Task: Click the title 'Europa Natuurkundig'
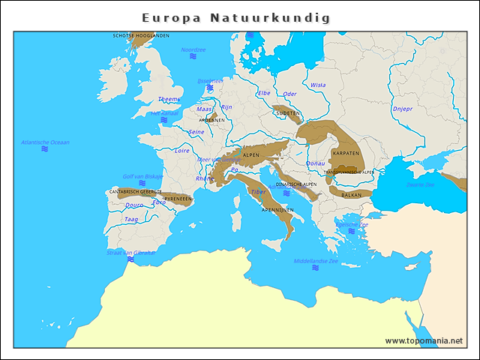(x=236, y=17)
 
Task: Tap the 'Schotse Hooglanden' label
(x=141, y=35)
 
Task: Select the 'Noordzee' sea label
(x=193, y=50)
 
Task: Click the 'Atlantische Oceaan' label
(x=45, y=142)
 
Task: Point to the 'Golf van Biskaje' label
(x=142, y=176)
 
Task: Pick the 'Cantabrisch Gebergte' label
(x=135, y=191)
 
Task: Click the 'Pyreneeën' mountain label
(x=178, y=199)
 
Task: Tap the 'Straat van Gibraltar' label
(x=130, y=253)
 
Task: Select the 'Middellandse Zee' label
(x=316, y=262)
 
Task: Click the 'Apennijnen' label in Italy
(x=277, y=210)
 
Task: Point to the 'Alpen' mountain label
(x=250, y=154)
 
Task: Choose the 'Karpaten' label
(x=346, y=153)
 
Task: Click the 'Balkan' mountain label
(x=351, y=195)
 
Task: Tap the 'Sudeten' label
(x=288, y=113)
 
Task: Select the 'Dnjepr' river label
(x=403, y=109)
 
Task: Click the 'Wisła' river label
(x=318, y=85)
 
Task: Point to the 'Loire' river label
(x=182, y=150)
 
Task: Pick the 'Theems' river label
(x=169, y=99)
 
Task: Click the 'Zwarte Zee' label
(x=420, y=184)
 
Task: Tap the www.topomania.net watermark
(x=424, y=340)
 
